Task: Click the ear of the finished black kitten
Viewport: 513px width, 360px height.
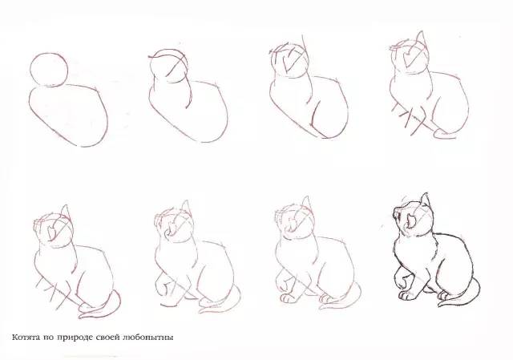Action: [x=425, y=200]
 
